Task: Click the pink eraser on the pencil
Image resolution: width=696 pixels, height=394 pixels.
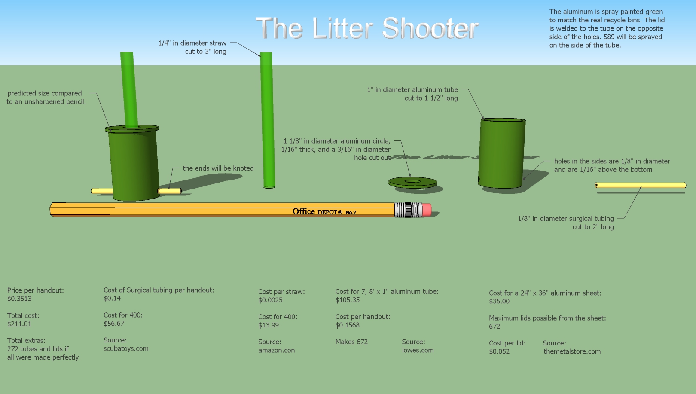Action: (427, 210)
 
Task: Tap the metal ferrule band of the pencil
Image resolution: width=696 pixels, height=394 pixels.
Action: (408, 210)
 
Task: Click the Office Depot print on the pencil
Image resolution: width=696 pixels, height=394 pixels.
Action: (324, 211)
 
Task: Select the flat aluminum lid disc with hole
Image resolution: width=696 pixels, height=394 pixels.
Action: (412, 182)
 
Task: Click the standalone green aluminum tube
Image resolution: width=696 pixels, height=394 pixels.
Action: (502, 153)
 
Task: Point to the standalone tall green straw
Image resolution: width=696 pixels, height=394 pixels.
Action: (267, 120)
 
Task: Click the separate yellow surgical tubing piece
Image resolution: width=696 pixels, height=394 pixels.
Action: (640, 185)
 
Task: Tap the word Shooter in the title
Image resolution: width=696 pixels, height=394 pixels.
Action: (430, 28)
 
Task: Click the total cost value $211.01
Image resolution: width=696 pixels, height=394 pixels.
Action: (19, 324)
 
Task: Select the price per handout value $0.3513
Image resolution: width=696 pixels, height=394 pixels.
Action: (19, 299)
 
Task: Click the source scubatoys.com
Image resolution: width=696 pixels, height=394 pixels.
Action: (126, 348)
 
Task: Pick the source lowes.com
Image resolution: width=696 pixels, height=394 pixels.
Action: (418, 350)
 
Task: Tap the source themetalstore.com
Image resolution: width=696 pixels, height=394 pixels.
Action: (572, 351)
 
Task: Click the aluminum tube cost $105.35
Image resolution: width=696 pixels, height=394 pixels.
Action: (348, 300)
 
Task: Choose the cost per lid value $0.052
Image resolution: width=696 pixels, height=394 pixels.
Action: (499, 351)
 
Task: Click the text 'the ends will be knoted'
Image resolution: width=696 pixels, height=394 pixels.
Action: (218, 168)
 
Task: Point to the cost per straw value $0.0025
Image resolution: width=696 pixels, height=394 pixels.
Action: (270, 300)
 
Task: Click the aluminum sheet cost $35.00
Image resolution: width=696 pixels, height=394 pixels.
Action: (499, 301)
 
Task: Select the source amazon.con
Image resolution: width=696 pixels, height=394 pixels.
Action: (276, 350)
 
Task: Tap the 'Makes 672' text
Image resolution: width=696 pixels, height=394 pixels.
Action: (351, 342)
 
